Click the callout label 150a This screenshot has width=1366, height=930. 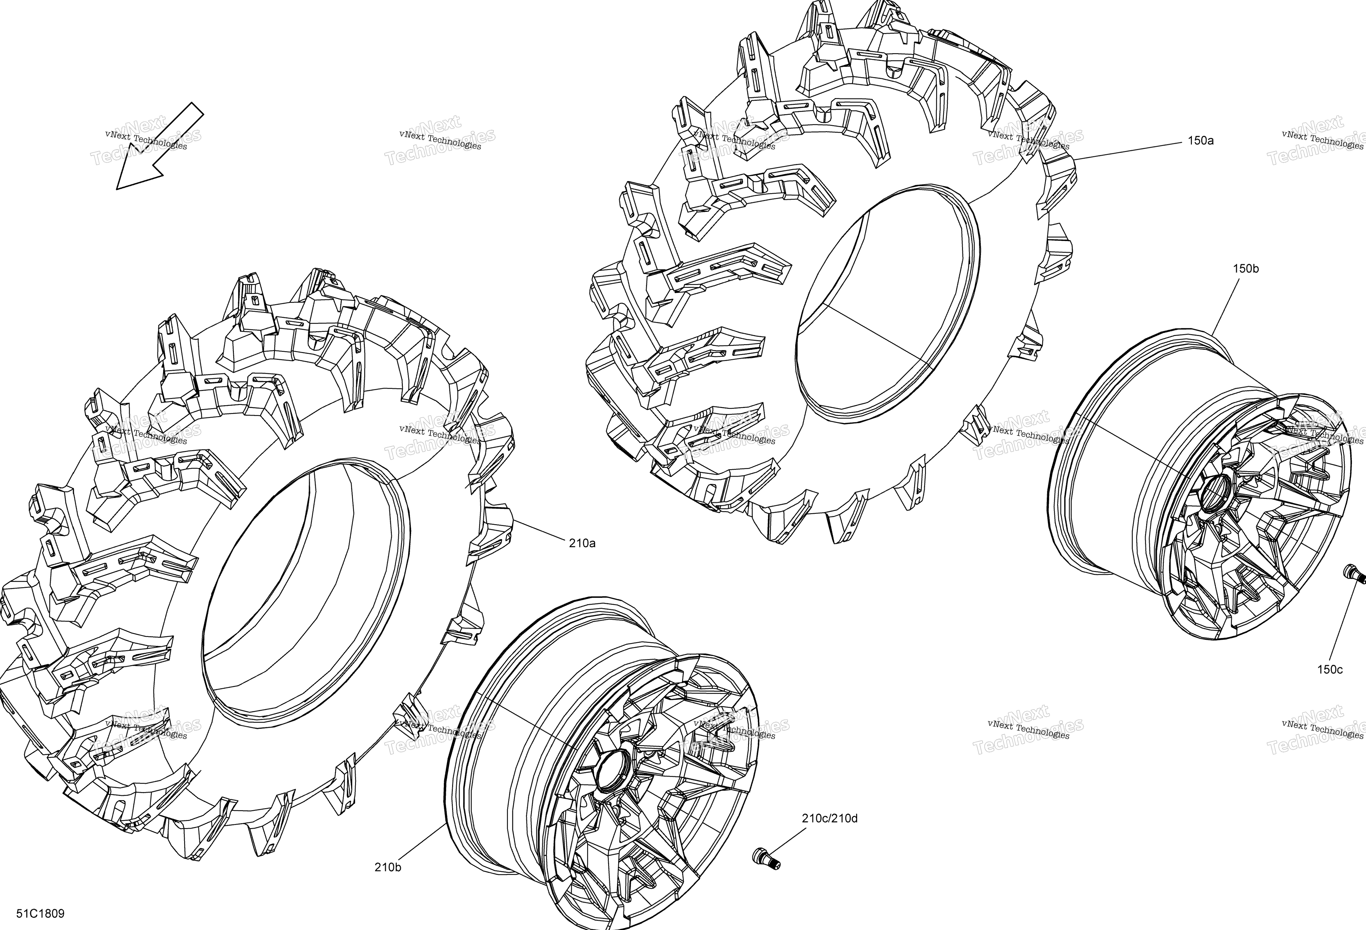[1200, 141]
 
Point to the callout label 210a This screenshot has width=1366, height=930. [582, 543]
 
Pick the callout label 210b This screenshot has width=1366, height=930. [388, 867]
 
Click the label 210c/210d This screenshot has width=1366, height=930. [829, 818]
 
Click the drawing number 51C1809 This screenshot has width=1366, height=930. [41, 914]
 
